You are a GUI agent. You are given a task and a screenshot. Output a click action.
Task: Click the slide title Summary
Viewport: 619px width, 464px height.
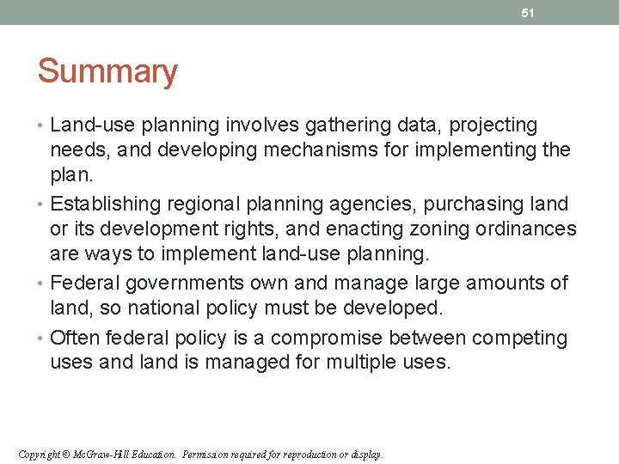[x=107, y=71]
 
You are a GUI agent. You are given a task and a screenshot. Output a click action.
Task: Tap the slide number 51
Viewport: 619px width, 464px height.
[x=529, y=13]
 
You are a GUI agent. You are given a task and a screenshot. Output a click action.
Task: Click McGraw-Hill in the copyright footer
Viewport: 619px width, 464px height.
[x=94, y=454]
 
